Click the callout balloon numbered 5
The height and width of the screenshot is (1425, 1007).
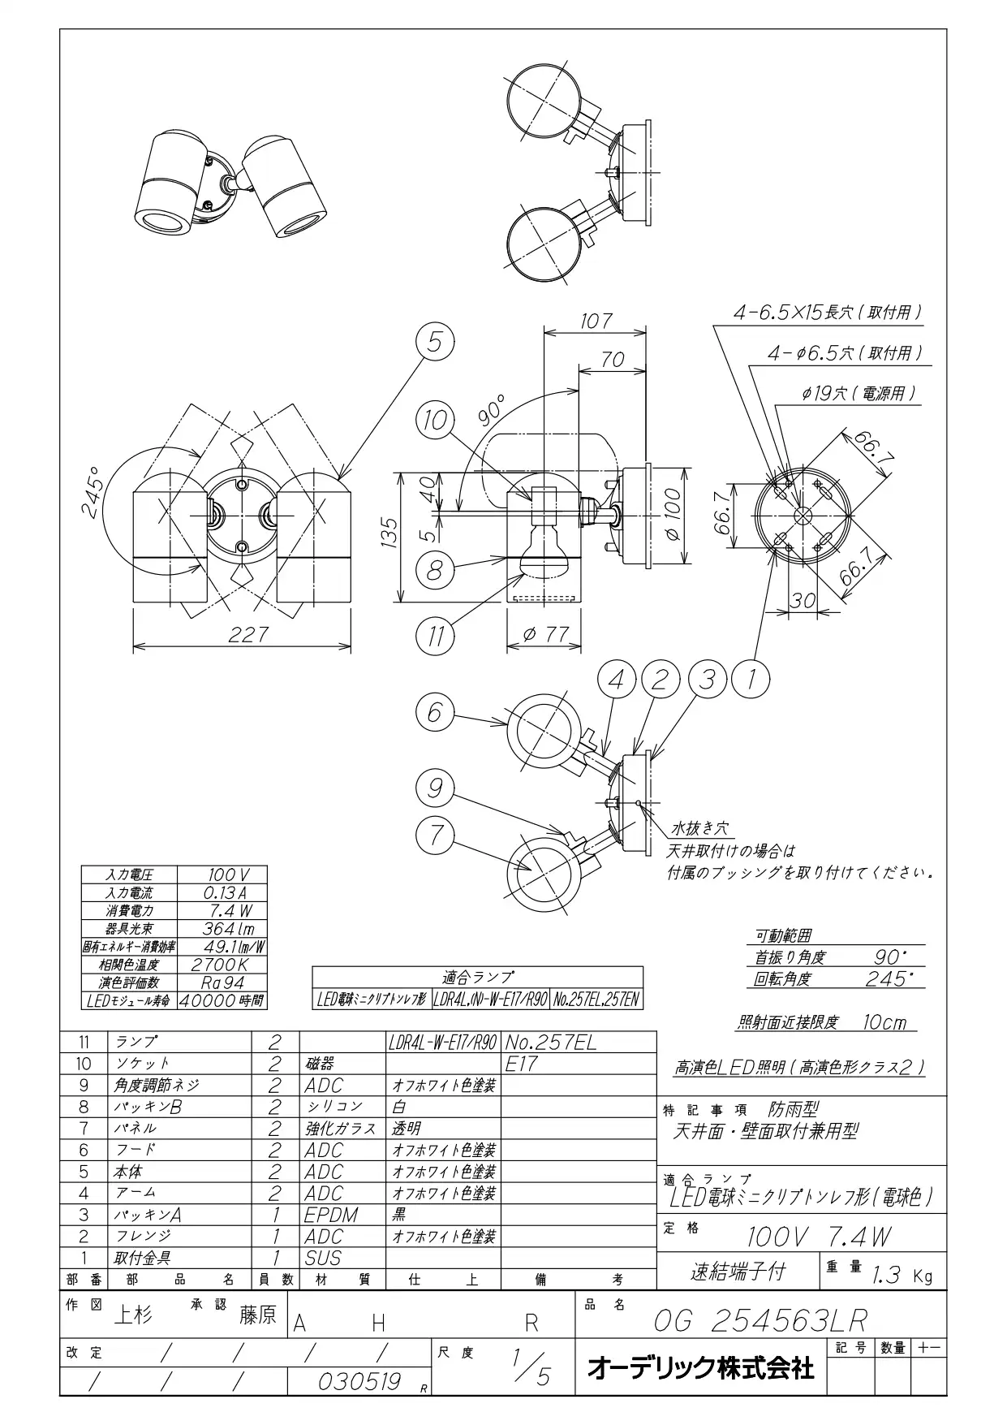[x=436, y=343]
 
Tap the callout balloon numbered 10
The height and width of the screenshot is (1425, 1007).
[x=436, y=420]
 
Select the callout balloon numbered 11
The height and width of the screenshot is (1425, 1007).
[x=436, y=636]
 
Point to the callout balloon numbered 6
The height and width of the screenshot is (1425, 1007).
[x=436, y=712]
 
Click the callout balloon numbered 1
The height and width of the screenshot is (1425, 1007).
[x=751, y=679]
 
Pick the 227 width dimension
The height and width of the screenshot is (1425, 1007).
[x=247, y=634]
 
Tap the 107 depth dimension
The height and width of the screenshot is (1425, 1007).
[x=596, y=321]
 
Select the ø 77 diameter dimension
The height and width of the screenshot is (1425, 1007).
[x=545, y=634]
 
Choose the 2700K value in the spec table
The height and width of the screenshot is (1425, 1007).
[x=220, y=965]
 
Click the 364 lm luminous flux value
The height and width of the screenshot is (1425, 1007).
[x=227, y=929]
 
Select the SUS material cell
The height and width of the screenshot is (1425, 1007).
[x=323, y=1258]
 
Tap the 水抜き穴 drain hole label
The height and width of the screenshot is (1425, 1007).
[x=699, y=829]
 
